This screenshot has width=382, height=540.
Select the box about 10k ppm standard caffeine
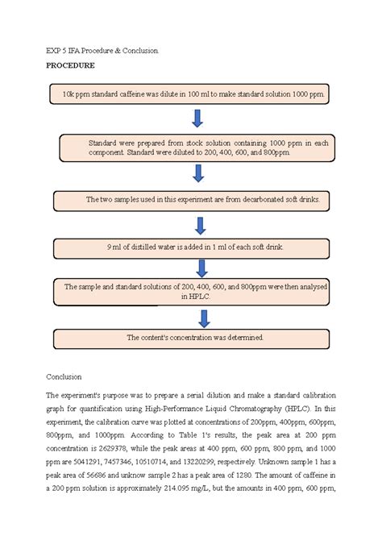(193, 94)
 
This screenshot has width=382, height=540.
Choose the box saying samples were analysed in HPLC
(192, 291)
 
